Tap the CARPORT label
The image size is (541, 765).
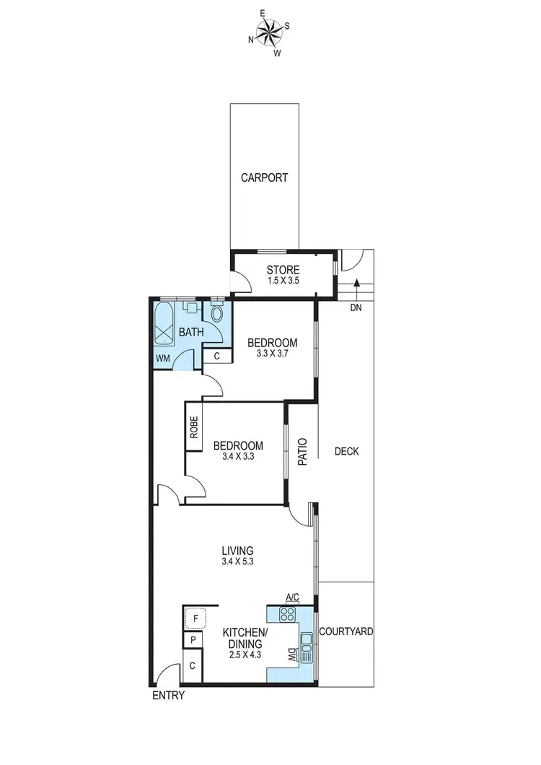(x=264, y=178)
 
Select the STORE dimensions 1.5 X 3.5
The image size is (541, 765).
(x=281, y=281)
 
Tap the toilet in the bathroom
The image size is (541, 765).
(x=217, y=314)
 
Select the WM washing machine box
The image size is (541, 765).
(x=163, y=358)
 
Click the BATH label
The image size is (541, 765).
(x=191, y=333)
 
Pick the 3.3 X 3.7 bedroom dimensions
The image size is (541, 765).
(x=271, y=354)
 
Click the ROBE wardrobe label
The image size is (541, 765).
(x=193, y=427)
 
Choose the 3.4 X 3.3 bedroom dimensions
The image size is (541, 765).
(x=237, y=457)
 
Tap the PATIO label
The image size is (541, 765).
(x=303, y=451)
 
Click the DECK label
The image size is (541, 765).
(x=346, y=452)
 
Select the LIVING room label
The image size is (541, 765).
(x=237, y=550)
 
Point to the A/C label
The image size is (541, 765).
(x=292, y=597)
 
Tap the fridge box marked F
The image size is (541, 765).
(x=195, y=618)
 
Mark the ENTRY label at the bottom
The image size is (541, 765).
(x=168, y=696)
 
